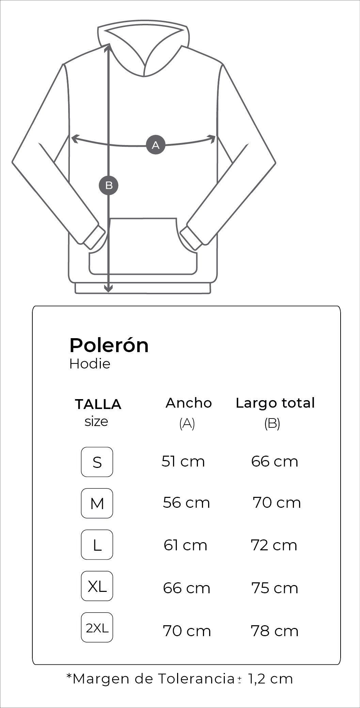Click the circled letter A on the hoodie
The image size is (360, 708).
pos(156,145)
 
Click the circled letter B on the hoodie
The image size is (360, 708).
pos(109,185)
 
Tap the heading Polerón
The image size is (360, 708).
pos(109,345)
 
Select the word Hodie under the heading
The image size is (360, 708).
pos(90,364)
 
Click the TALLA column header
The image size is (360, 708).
pos(98,404)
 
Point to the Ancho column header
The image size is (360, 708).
pos(189,403)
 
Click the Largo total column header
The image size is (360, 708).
pos(275,403)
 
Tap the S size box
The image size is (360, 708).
pos(97,462)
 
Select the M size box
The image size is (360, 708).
pos(97,503)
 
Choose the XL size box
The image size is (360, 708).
pos(97,586)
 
